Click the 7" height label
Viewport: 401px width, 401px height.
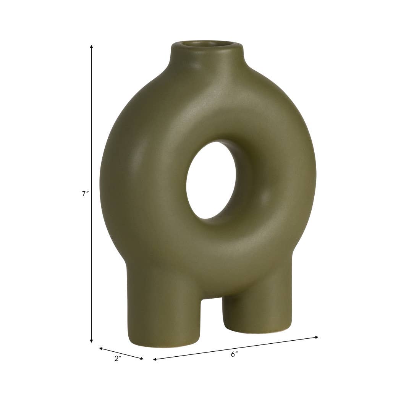click(x=85, y=194)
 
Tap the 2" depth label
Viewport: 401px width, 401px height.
click(x=118, y=359)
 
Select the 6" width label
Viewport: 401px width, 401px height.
click(x=234, y=354)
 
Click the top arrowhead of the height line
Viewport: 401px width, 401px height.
click(x=91, y=47)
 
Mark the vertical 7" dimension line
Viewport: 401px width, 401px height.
click(x=91, y=153)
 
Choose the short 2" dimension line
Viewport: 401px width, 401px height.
click(x=121, y=354)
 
